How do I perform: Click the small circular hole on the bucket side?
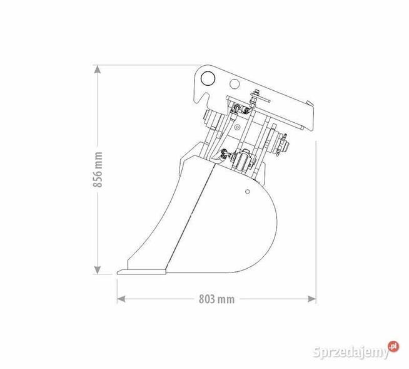tap(248, 190)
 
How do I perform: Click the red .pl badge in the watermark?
tap(393, 345)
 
